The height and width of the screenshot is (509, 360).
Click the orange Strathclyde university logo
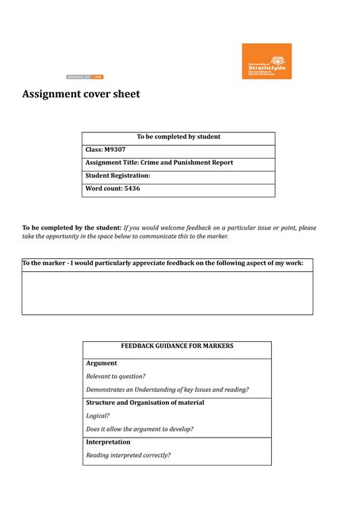pos(266,61)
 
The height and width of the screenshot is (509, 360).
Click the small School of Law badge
pos(84,77)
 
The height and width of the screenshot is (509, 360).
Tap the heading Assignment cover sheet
pos(81,94)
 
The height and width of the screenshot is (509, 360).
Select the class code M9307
pos(115,150)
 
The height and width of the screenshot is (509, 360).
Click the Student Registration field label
pos(118,175)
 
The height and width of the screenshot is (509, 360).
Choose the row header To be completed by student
pos(178,137)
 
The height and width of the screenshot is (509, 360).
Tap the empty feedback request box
pos(167,292)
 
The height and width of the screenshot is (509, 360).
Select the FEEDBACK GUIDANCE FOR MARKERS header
pos(177,346)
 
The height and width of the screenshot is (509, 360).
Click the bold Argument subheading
pos(102,363)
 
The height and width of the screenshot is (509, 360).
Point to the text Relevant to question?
pos(115,376)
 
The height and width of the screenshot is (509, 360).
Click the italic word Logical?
pos(98,416)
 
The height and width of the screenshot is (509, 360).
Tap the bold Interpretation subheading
pos(109,442)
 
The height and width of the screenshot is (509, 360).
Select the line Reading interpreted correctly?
pos(128,455)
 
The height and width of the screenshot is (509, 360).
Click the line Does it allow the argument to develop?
pos(140,428)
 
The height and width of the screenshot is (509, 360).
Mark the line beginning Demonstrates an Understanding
pos(167,389)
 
